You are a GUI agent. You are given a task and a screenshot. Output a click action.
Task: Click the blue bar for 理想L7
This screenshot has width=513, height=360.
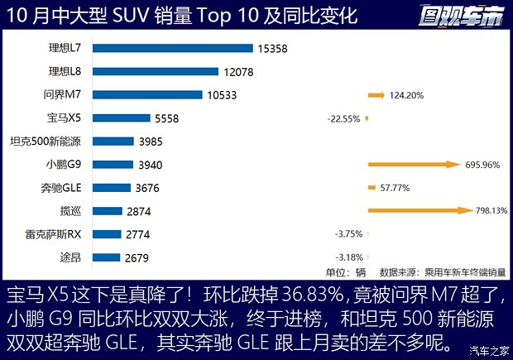(172, 49)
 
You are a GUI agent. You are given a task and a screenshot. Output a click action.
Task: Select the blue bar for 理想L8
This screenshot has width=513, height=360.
(155, 72)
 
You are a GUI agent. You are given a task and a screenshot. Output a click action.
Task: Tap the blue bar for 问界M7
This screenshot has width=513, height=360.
(147, 95)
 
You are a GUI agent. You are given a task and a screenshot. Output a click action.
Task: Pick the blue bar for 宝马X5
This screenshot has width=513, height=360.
(121, 118)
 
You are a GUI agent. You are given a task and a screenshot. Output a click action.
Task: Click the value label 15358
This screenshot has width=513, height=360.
(272, 49)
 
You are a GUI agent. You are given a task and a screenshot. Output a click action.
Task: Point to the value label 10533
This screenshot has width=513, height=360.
(223, 95)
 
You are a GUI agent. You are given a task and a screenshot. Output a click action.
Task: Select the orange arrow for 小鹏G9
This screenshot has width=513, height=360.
(414, 165)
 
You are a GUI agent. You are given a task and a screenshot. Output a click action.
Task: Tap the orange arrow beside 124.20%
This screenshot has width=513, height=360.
(376, 95)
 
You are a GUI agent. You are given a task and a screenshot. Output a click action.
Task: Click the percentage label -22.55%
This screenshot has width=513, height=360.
(343, 118)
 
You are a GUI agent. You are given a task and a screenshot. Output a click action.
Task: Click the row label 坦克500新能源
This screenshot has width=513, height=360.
(46, 142)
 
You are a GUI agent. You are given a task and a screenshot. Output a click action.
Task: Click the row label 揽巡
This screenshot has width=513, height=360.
(73, 211)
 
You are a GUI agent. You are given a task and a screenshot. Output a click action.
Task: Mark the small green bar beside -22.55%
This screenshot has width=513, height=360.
(366, 118)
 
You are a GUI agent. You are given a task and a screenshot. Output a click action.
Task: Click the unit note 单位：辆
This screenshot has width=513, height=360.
(345, 271)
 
